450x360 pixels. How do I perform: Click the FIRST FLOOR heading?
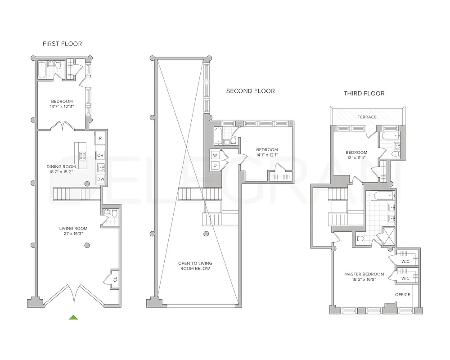coord(62,44)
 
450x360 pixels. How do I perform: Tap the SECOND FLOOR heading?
coord(250,91)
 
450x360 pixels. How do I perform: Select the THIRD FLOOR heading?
coord(364,94)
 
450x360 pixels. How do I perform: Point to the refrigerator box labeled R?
coord(100,138)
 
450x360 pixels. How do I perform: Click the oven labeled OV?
coord(100,155)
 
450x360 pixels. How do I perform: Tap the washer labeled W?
coord(215,155)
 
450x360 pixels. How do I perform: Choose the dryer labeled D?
coord(215,165)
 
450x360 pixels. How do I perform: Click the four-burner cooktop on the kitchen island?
coord(83,156)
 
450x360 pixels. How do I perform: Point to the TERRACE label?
coord(367,117)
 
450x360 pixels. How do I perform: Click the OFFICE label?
coord(403,295)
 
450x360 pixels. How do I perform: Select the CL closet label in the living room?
coord(115,279)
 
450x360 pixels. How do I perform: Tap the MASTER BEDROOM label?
coord(364,274)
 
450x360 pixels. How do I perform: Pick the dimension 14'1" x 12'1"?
coord(267,155)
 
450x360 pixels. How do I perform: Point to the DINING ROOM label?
coord(61,166)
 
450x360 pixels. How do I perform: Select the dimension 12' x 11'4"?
coord(356,158)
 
